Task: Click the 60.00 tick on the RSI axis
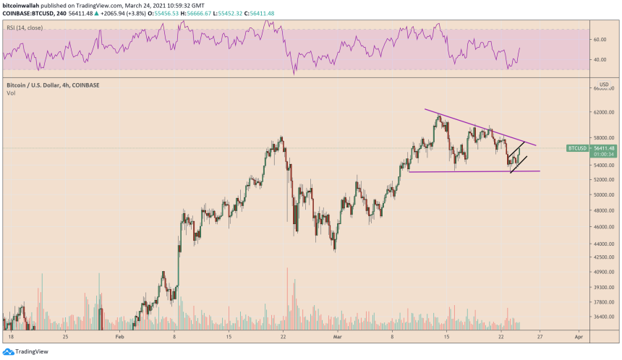[x=599, y=40]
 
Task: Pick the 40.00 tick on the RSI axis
[x=599, y=60]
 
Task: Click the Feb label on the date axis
[x=120, y=337]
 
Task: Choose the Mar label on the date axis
[x=338, y=337]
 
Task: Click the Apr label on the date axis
[x=578, y=337]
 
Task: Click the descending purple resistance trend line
[x=477, y=127]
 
